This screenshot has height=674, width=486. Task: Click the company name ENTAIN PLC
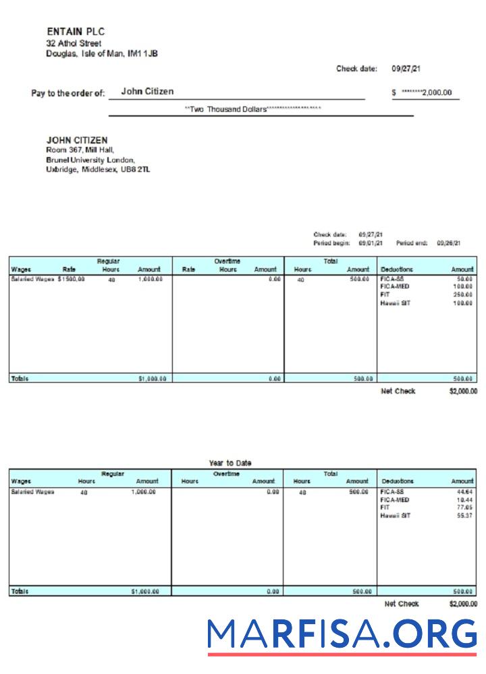pos(76,32)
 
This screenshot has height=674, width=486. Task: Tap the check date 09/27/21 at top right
pos(406,69)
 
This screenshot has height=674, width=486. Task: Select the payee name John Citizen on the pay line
pos(147,92)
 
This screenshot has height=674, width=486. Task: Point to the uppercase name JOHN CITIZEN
pos(77,140)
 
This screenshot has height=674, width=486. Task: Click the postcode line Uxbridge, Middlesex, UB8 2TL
pos(98,170)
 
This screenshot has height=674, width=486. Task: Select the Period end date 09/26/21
pos(448,243)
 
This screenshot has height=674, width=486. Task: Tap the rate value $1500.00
pos(72,278)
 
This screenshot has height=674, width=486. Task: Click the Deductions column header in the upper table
pos(397,270)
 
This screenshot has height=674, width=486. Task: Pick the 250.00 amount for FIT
pos(462,295)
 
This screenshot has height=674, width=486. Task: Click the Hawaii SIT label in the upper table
pos(396,303)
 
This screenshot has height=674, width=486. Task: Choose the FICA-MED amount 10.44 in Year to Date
pos(464,500)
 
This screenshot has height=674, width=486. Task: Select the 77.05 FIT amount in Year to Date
pos(464,508)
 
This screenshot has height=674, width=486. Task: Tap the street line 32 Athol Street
pos(74,43)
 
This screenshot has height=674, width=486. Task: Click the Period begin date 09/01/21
pos(371,243)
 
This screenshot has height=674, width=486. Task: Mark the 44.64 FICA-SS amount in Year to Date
pos(464,492)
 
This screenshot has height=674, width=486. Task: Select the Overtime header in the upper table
pos(227,261)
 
